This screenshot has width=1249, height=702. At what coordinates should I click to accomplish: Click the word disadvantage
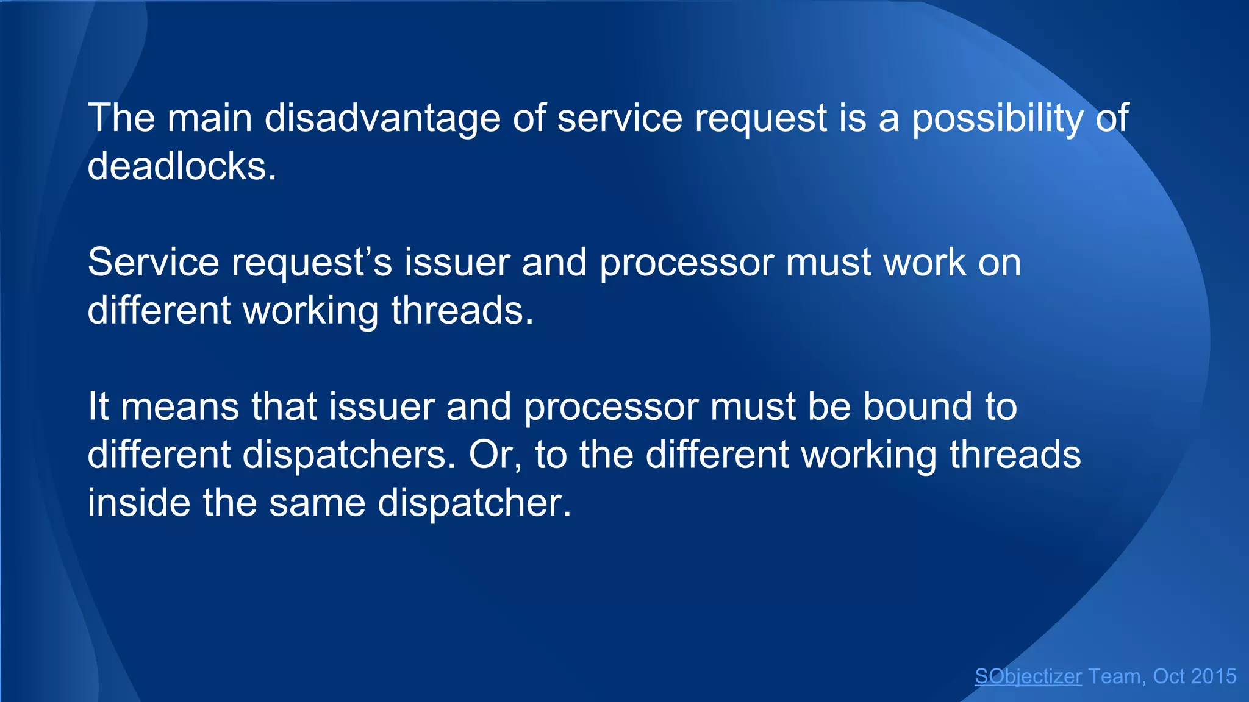pyautogui.click(x=382, y=118)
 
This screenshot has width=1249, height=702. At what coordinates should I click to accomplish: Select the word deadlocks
pyautogui.click(x=182, y=166)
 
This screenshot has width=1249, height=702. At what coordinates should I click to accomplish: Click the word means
pyautogui.click(x=180, y=406)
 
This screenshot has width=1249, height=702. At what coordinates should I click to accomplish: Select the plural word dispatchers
pyautogui.click(x=349, y=455)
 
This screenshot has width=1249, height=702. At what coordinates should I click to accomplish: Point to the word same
pyautogui.click(x=317, y=503)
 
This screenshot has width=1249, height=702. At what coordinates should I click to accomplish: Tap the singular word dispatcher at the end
pyautogui.click(x=474, y=503)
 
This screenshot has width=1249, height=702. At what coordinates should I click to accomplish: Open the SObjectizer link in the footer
pyautogui.click(x=1028, y=676)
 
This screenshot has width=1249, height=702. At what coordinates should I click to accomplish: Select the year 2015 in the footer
pyautogui.click(x=1214, y=676)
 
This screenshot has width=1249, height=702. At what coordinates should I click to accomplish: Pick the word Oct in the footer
pyautogui.click(x=1169, y=676)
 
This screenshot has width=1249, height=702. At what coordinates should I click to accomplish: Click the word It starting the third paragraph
pyautogui.click(x=98, y=406)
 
